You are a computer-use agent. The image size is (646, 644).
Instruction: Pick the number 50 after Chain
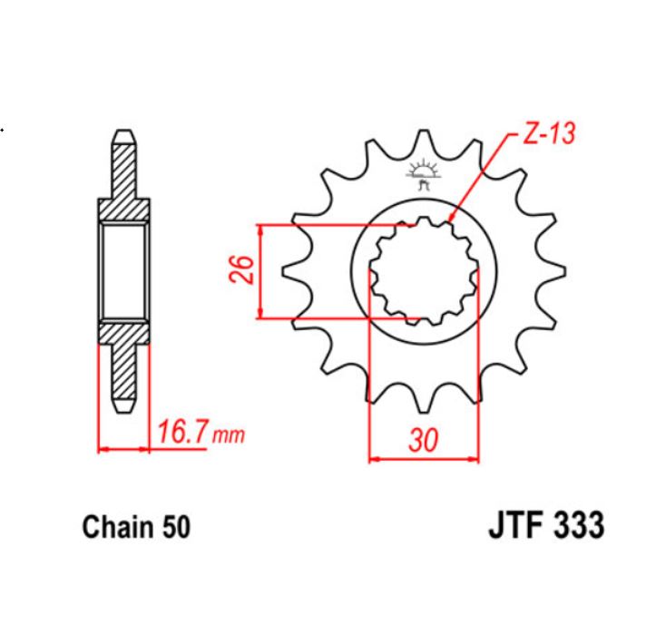(x=173, y=528)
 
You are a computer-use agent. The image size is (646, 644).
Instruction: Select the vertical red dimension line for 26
(x=261, y=271)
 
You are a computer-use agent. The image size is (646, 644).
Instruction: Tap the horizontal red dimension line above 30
(x=423, y=458)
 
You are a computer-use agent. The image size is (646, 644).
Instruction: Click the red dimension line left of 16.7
(x=122, y=448)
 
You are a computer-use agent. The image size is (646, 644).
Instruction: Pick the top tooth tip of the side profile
(x=122, y=133)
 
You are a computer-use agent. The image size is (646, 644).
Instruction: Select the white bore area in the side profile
(x=122, y=271)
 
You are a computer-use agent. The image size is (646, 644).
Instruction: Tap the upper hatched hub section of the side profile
(x=122, y=209)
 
